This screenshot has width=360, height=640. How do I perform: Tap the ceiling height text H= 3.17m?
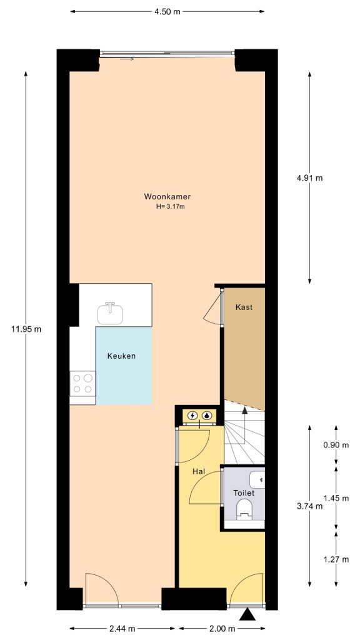(x=170, y=207)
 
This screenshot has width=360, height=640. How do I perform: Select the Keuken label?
(x=121, y=356)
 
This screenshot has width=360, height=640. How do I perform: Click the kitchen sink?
(x=111, y=312)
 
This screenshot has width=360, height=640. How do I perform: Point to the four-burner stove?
(x=82, y=382)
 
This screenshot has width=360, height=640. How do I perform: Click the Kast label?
(x=244, y=307)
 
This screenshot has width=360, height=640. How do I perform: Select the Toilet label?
(x=244, y=493)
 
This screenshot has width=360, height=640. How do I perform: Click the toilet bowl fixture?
(x=244, y=510)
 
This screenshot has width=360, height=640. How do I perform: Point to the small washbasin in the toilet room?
(x=258, y=479)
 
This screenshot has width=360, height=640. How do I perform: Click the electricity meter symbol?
(x=192, y=415)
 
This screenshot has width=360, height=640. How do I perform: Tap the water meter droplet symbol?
(x=207, y=415)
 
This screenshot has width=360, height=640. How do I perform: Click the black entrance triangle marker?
(x=248, y=616)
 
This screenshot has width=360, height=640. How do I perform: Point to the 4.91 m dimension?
(x=309, y=177)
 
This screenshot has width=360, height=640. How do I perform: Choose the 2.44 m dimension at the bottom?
(x=122, y=628)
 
